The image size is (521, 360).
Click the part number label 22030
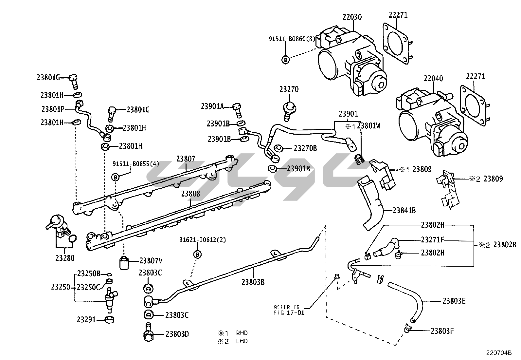coord(352,17)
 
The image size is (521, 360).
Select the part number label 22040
coord(433,79)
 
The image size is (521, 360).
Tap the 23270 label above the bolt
coord(289,89)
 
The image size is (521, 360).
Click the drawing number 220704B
coord(499,353)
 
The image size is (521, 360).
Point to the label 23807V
coord(151,261)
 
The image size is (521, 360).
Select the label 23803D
coord(177,334)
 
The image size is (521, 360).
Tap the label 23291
coord(86,319)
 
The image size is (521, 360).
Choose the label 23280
coord(65,258)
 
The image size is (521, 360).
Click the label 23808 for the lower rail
coord(190,194)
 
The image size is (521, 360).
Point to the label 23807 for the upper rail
coord(186,159)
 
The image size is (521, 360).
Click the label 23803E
coord(454,301)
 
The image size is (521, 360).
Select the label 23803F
coord(442,331)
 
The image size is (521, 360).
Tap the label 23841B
coord(404,210)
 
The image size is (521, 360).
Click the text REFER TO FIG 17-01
coord(287,310)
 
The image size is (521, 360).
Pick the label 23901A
coord(212,106)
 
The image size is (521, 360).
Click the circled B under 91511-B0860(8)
coord(285,60)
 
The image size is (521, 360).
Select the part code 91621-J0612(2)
coord(202,240)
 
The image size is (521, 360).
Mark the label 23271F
coord(432,240)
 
